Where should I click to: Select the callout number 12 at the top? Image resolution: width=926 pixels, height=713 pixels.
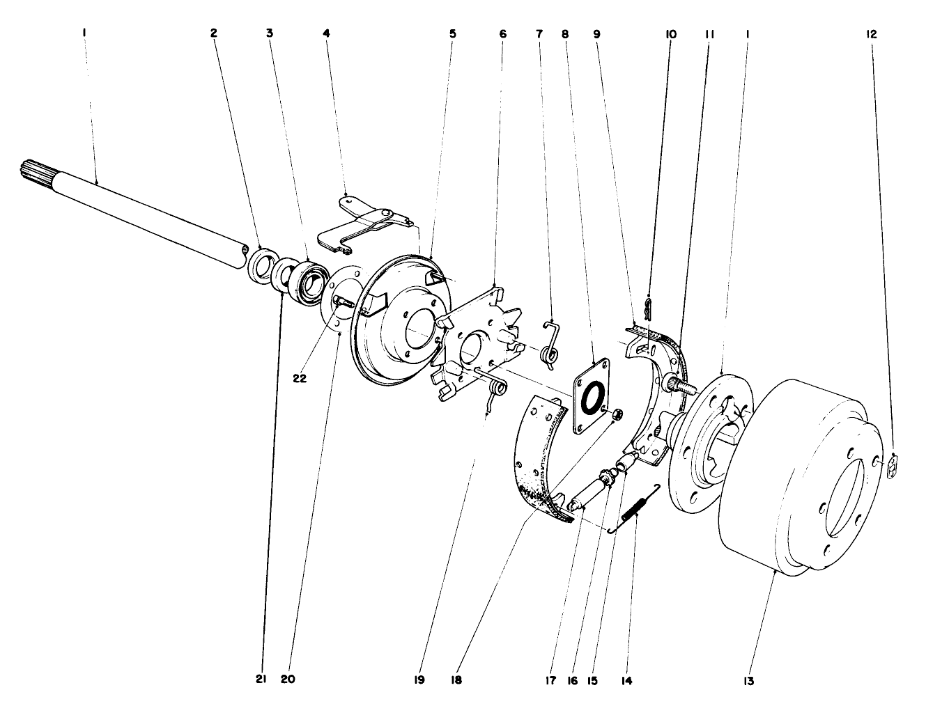coord(872,33)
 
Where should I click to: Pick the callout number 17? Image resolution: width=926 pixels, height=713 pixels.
coord(550,680)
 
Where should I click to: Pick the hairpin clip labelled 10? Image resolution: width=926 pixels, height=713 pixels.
coord(648,307)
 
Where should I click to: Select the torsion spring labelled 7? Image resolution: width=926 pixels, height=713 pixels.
coord(550,345)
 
